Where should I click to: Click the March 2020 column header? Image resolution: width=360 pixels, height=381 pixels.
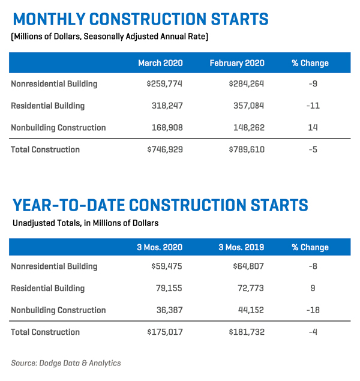(160, 63)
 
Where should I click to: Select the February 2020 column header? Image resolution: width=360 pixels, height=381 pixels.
(237, 63)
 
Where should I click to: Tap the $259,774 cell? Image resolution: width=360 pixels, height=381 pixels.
(164, 84)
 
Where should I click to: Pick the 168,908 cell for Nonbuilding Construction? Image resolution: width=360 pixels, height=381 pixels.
(166, 128)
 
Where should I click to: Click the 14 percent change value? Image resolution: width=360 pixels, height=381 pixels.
(313, 128)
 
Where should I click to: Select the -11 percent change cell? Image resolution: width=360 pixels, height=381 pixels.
(313, 106)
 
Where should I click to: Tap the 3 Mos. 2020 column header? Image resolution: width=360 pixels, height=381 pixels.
(160, 247)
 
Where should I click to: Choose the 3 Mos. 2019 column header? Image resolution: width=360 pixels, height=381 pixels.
(238, 247)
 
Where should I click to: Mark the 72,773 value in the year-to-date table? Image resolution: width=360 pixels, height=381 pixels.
(246, 289)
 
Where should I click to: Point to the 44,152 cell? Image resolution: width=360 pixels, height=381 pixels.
(246, 310)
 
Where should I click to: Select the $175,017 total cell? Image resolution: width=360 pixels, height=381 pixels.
(164, 332)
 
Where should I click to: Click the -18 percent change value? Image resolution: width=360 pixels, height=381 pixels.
(313, 310)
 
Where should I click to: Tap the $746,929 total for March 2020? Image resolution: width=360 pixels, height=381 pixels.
(164, 149)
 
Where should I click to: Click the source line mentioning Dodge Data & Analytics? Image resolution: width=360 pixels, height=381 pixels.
(66, 362)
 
